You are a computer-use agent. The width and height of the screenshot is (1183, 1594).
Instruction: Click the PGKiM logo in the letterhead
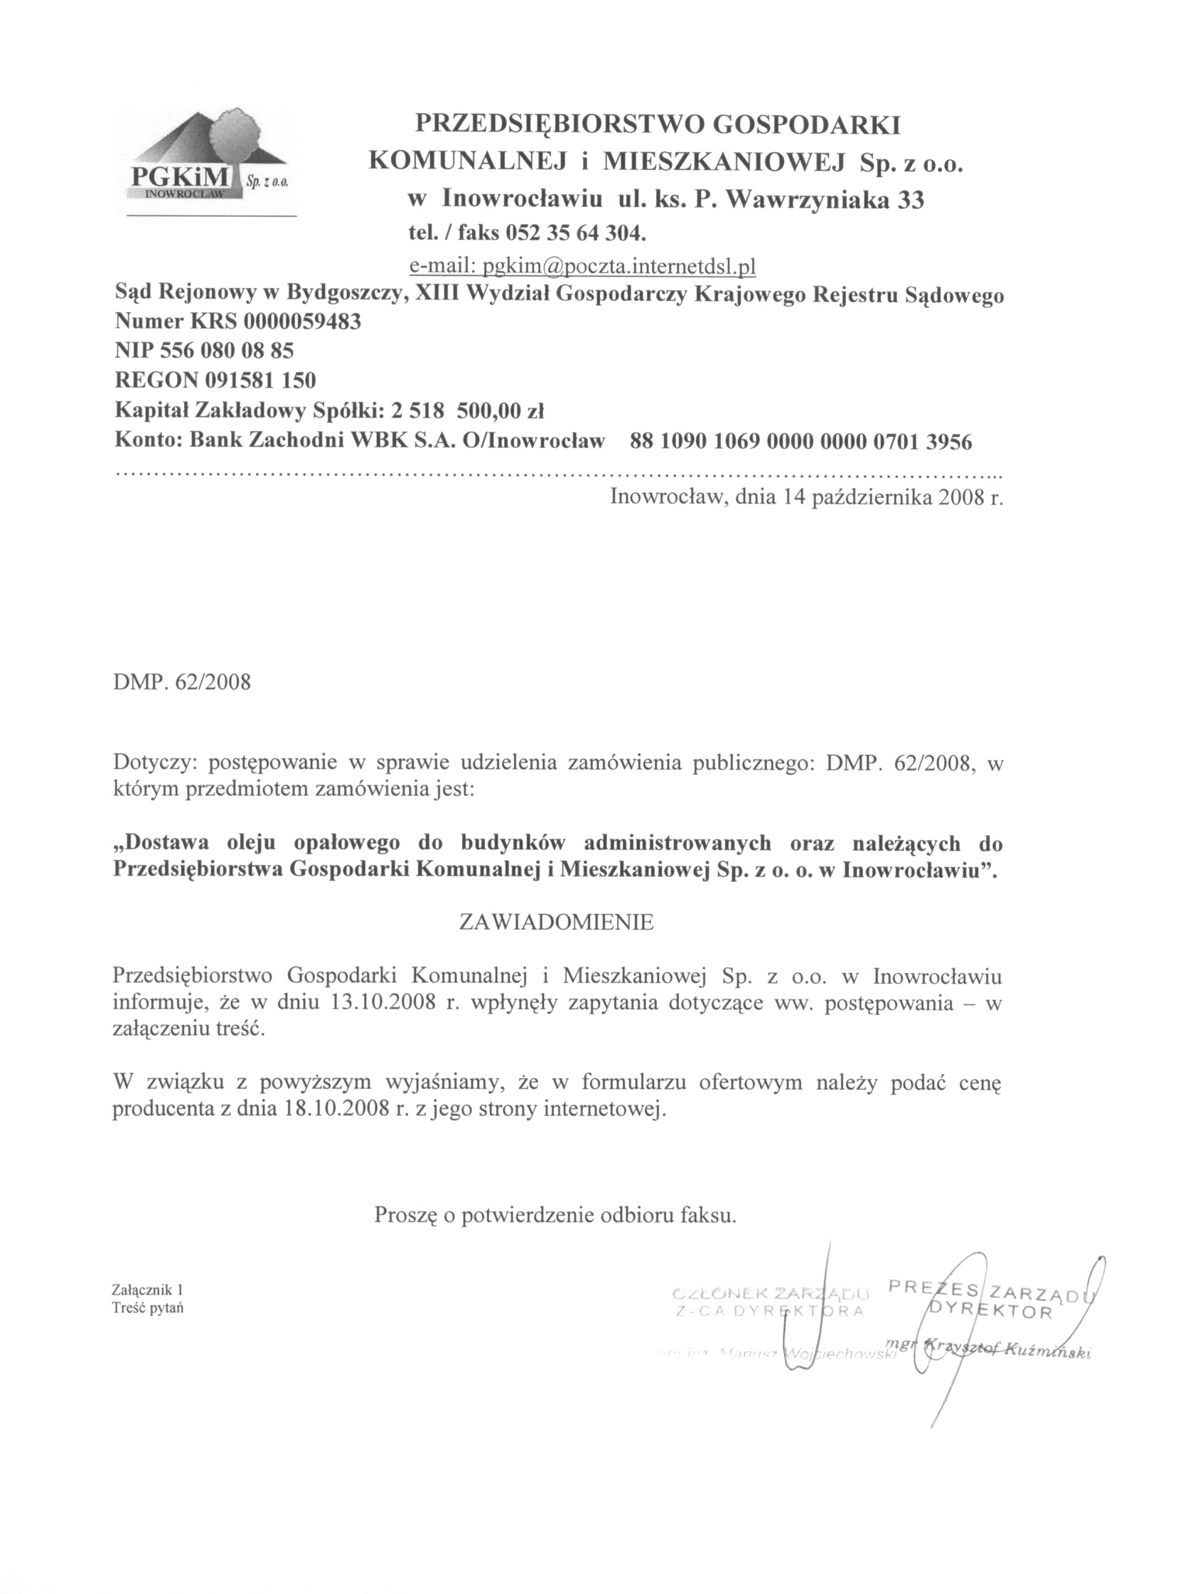pyautogui.click(x=206, y=161)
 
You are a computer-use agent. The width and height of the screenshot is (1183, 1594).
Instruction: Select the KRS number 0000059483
pyautogui.click(x=302, y=322)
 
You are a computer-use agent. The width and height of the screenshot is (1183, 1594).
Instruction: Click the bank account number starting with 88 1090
pyautogui.click(x=801, y=442)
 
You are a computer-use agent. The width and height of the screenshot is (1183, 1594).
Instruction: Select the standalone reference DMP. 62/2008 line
pyautogui.click(x=182, y=681)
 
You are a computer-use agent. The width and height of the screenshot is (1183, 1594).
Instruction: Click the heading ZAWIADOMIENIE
pyautogui.click(x=556, y=922)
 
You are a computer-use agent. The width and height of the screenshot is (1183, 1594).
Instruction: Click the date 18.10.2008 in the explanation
pyautogui.click(x=336, y=1110)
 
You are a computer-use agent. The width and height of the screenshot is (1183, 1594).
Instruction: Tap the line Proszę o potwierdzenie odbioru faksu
pyautogui.click(x=555, y=1216)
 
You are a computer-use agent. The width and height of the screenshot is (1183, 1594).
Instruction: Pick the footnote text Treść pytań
pyautogui.click(x=147, y=1307)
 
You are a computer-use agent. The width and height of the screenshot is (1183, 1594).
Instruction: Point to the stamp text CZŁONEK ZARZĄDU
pyautogui.click(x=770, y=1294)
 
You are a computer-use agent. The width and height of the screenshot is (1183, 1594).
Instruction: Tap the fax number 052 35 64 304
pyautogui.click(x=576, y=233)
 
